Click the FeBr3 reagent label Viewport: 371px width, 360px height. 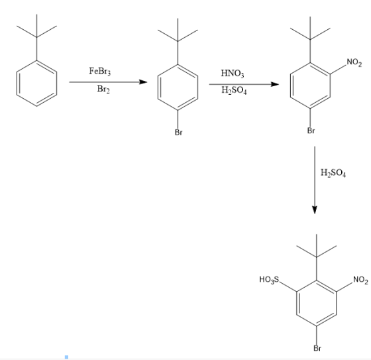pos(100,71)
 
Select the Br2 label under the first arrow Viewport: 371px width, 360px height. pos(103,90)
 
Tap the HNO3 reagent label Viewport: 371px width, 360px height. pos(233,74)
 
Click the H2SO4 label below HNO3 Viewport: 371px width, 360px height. pos(234,90)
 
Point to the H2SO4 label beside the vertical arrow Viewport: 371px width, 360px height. pos(333,173)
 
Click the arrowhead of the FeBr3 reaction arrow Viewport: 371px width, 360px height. pos(143,82)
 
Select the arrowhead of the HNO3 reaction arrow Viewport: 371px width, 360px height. pos(275,84)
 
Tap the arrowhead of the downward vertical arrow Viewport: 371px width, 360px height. pos(315,210)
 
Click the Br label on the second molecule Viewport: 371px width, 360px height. pos(179,133)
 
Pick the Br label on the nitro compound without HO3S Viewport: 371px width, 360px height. pos(311,131)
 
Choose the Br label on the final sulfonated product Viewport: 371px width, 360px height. pos(317,348)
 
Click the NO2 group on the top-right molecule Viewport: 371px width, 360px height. pos(354,63)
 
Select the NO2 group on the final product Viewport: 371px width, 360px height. pos(360,280)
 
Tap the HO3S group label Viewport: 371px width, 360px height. pos(269,280)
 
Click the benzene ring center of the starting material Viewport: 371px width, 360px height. pos(36,84)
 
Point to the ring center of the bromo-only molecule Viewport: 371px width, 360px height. pos(178,88)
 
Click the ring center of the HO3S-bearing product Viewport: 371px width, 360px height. pos(317,304)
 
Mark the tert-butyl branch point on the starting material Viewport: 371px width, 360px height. pos(36,37)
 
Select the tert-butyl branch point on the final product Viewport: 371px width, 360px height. pos(317,257)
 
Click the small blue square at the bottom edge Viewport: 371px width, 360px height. pos(66,357)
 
